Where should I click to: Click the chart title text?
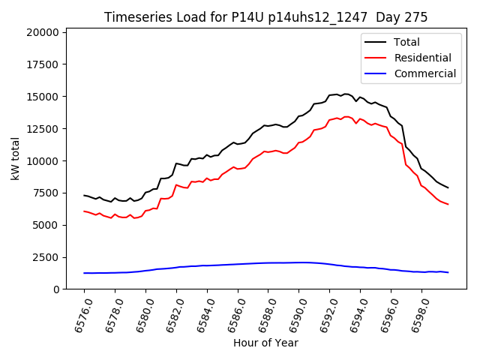(x=265, y=17)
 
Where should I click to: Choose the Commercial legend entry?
(x=424, y=73)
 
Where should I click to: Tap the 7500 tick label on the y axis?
(x=46, y=193)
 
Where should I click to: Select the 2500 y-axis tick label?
(x=46, y=257)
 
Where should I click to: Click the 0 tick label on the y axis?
(x=57, y=289)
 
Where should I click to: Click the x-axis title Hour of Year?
(x=265, y=343)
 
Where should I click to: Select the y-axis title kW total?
(x=15, y=159)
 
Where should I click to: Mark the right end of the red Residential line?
(x=448, y=204)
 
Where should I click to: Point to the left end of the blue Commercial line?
(x=84, y=273)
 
